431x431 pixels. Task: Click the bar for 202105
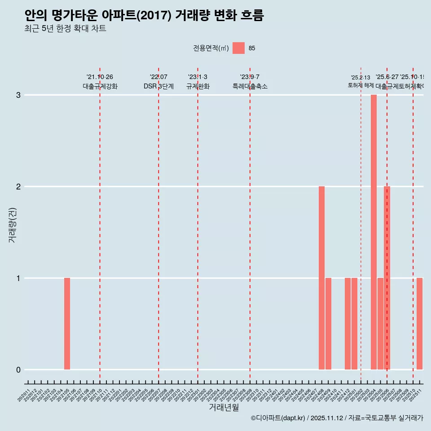click(x=67, y=324)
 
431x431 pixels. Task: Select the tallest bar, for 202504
click(x=374, y=232)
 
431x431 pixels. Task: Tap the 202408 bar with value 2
click(x=321, y=278)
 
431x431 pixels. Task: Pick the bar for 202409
click(x=328, y=324)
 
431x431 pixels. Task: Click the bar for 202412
click(x=347, y=324)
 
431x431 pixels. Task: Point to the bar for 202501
click(x=354, y=324)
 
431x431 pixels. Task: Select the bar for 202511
click(x=419, y=324)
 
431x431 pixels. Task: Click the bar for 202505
click(x=380, y=324)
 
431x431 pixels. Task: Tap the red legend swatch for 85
click(x=238, y=48)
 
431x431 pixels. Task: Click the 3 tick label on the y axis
click(x=18, y=95)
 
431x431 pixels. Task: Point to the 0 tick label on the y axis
click(x=18, y=370)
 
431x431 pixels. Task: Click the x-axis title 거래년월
click(x=224, y=408)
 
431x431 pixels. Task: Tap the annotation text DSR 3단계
click(x=158, y=87)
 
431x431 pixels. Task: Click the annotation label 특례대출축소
click(x=250, y=87)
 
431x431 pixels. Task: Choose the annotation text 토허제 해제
click(x=361, y=85)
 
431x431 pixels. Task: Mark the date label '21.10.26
click(x=100, y=77)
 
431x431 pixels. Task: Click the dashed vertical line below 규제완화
click(x=198, y=224)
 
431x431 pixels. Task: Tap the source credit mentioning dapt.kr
click(x=337, y=418)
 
